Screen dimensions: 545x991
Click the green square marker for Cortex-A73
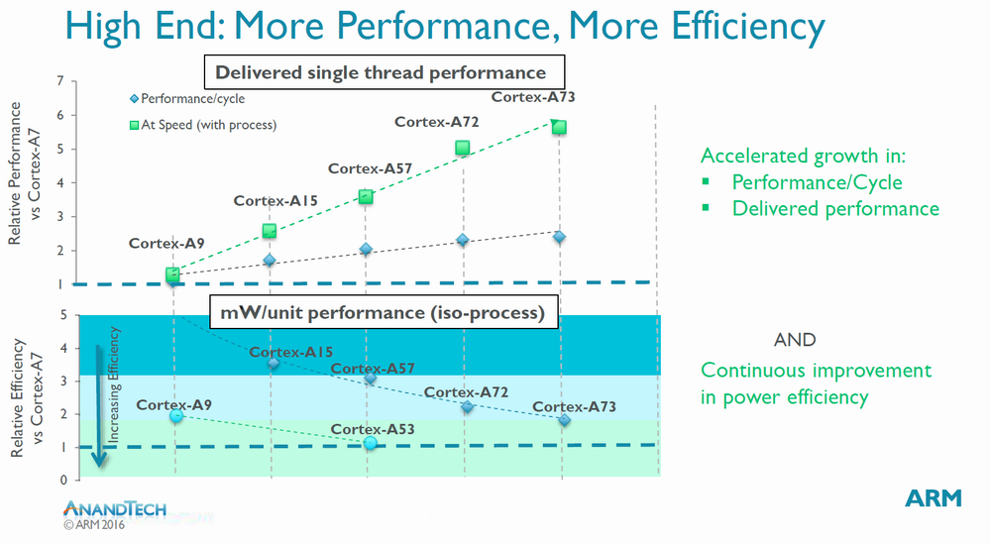pyautogui.click(x=559, y=127)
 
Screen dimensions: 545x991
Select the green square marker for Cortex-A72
pyautogui.click(x=463, y=149)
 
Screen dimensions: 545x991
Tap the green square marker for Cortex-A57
pyautogui.click(x=366, y=197)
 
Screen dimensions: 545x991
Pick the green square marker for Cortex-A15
pyautogui.click(x=269, y=231)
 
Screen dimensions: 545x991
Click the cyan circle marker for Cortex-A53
pyautogui.click(x=370, y=443)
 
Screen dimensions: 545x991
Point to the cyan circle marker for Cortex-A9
pyautogui.click(x=175, y=416)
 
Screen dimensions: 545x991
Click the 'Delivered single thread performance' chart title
pyautogui.click(x=381, y=72)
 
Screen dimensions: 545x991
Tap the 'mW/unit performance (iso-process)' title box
pyautogui.click(x=382, y=314)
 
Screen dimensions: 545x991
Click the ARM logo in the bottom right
pyautogui.click(x=934, y=497)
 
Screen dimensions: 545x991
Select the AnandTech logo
pyautogui.click(x=115, y=508)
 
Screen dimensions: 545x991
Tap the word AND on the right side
pyautogui.click(x=795, y=340)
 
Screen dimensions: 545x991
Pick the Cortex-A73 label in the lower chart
pyautogui.click(x=574, y=407)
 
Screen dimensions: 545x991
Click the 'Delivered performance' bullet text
pyautogui.click(x=834, y=209)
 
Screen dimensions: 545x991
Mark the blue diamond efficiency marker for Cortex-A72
pyautogui.click(x=467, y=407)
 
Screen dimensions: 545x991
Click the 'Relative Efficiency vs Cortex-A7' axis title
pyautogui.click(x=26, y=395)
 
